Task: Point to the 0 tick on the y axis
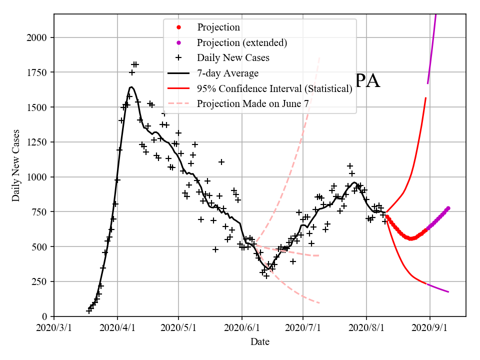[x=45, y=316]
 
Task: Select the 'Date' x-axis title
[x=260, y=342]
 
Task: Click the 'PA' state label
[x=367, y=81]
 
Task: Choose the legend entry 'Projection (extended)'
[x=242, y=42]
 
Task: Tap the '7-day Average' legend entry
[x=227, y=73]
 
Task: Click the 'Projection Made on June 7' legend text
[x=252, y=104]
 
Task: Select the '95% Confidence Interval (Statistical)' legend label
[x=274, y=89]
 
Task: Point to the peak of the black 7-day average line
[x=131, y=87]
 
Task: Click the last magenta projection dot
[x=448, y=208]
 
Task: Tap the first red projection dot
[x=387, y=216]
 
